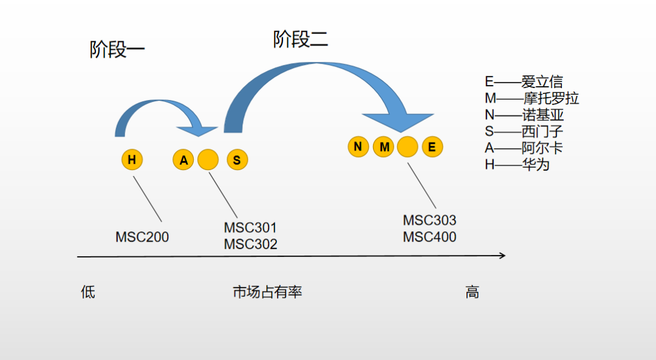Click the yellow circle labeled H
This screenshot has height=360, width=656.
131,160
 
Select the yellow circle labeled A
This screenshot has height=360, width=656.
183,160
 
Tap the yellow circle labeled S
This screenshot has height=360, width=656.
237,160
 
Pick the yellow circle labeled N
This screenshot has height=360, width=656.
358,146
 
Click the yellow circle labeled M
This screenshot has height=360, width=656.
384,146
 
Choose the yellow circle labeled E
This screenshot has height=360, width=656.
432,146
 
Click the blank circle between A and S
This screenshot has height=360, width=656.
208,160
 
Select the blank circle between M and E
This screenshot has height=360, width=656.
408,146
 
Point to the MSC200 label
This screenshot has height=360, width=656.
142,237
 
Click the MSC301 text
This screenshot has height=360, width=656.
250,228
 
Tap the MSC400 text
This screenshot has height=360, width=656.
429,237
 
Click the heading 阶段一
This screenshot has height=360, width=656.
117,49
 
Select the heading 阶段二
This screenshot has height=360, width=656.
300,39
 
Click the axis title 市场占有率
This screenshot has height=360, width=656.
267,292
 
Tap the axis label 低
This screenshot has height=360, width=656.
88,292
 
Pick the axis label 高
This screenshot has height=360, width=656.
472,292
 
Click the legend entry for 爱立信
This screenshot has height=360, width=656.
524,81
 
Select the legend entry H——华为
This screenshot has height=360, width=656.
516,164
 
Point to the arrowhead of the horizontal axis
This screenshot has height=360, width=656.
502,256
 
